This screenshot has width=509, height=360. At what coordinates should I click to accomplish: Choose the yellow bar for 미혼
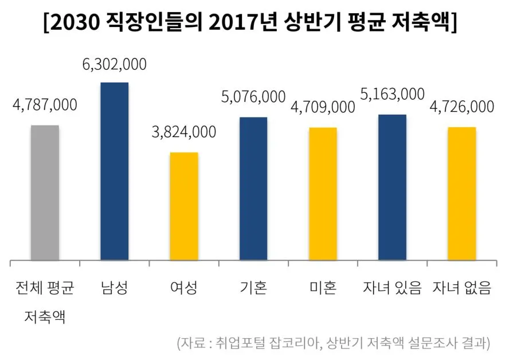323,193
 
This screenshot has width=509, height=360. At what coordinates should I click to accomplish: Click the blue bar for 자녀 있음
392,187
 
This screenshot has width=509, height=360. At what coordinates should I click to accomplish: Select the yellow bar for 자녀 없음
461,193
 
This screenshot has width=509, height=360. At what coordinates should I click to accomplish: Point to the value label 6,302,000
114,64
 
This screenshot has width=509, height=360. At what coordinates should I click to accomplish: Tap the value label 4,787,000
45,105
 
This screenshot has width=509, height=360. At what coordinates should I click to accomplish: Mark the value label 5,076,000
253,97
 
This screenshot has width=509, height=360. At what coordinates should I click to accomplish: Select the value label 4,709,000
323,107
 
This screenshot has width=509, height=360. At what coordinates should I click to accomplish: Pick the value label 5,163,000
392,94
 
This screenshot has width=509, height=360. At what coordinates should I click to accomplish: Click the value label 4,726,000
461,107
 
